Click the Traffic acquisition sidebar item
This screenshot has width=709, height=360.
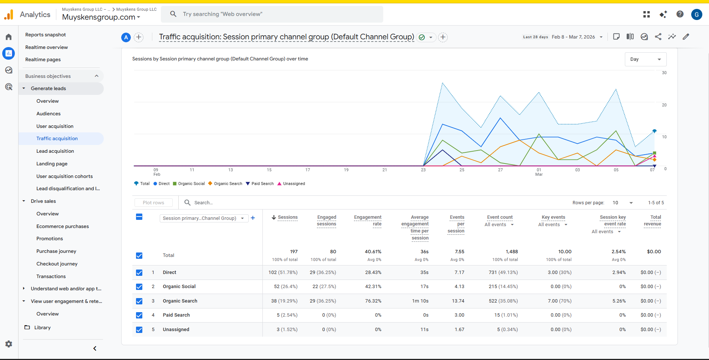57,139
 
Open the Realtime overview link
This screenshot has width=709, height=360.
46,47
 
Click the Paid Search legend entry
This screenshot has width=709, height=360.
262,184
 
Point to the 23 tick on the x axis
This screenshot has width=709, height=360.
423,170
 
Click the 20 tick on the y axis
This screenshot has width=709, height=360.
664,105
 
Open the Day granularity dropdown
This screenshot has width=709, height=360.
645,59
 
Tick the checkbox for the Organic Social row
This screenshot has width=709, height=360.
139,287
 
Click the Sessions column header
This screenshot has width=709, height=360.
288,217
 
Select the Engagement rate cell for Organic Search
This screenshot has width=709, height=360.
373,301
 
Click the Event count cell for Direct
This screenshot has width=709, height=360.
503,273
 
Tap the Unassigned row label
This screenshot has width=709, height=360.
176,330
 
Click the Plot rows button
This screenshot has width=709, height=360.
153,203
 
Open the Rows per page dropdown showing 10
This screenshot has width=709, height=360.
623,203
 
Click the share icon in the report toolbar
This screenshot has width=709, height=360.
658,37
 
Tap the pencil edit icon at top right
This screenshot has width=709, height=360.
686,37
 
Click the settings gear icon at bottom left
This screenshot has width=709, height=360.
9,344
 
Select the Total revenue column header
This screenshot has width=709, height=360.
653,221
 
